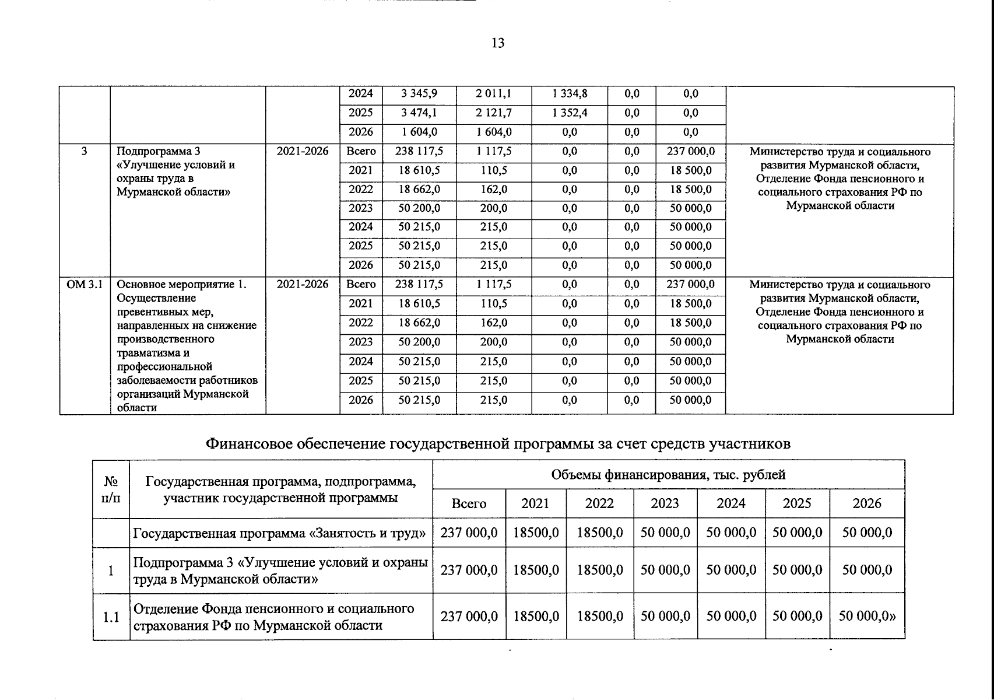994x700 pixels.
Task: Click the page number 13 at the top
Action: pos(497,43)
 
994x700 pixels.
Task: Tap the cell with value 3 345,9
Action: pos(419,94)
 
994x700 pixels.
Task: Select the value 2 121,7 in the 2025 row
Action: pos(493,113)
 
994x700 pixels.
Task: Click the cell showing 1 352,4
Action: pos(570,113)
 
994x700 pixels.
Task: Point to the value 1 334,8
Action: pos(570,94)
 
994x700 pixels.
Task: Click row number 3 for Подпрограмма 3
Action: pos(85,151)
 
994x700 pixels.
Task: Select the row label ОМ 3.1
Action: pos(85,285)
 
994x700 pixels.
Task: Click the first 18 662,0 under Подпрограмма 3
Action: pos(419,190)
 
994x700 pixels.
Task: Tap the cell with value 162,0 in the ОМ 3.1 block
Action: pos(493,323)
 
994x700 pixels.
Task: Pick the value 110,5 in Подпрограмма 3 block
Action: pos(493,170)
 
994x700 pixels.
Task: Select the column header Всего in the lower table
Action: pos(469,503)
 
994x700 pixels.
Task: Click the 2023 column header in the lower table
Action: pos(665,503)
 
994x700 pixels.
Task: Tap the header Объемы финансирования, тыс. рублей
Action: pos(668,474)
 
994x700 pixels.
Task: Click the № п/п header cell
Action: pos(111,489)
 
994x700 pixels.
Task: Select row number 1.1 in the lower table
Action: pos(111,617)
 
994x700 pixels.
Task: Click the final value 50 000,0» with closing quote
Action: pos(867,616)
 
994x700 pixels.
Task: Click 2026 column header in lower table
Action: pos(866,503)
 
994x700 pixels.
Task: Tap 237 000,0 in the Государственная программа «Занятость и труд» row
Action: pos(469,533)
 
